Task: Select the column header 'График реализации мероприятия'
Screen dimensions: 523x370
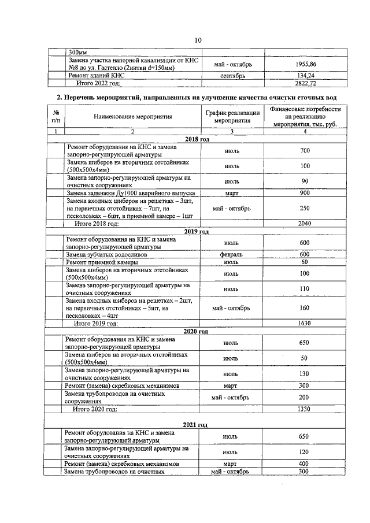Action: coord(231,117)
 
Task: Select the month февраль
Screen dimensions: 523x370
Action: coord(231,254)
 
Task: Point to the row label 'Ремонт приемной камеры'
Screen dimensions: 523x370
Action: coord(99,262)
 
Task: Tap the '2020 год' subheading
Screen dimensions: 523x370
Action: coord(196,331)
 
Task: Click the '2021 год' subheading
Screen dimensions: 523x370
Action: coord(195,425)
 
